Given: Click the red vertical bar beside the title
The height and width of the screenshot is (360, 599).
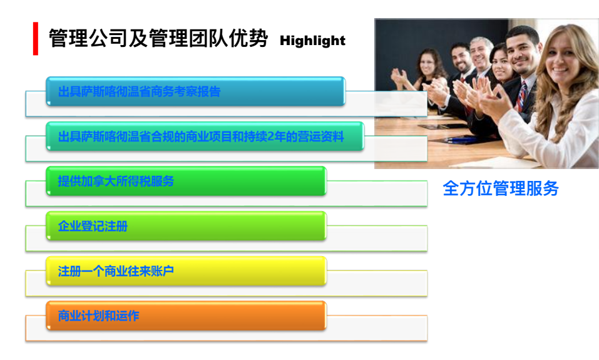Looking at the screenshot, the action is click(x=36, y=39).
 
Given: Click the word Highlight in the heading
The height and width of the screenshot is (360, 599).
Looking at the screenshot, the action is click(x=312, y=41).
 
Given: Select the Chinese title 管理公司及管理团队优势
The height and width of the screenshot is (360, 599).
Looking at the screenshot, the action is click(x=158, y=38).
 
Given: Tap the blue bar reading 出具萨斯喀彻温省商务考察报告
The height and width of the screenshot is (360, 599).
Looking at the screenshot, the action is click(x=195, y=91).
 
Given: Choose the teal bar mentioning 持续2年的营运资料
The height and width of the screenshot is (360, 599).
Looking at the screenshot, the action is click(x=205, y=136).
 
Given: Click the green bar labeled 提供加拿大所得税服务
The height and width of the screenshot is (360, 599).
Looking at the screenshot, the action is click(x=186, y=181).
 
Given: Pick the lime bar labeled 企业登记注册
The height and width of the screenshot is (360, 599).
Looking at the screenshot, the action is click(x=186, y=226).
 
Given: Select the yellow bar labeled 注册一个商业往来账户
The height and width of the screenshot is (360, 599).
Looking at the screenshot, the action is click(x=186, y=271).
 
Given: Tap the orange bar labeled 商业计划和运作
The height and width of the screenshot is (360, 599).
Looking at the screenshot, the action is click(x=186, y=316).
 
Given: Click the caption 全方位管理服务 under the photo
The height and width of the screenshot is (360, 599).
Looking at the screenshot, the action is click(x=501, y=188).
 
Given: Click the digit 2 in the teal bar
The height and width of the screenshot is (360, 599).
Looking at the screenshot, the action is click(x=270, y=136).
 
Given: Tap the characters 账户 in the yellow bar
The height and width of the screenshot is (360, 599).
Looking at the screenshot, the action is click(x=162, y=271).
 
